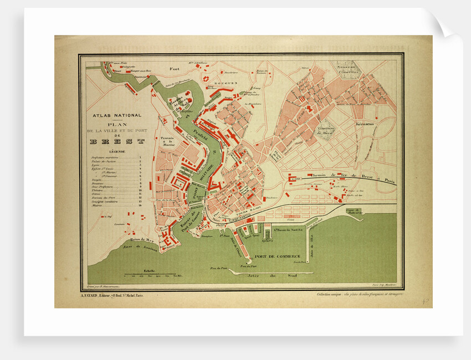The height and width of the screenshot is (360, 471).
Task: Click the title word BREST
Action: [x=117, y=141]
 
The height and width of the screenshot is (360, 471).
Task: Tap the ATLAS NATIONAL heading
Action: [x=116, y=116]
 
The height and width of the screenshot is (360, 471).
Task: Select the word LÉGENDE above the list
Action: [x=117, y=151]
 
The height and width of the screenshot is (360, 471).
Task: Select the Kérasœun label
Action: [x=366, y=124]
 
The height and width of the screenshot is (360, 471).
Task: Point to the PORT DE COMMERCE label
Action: [x=277, y=256]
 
